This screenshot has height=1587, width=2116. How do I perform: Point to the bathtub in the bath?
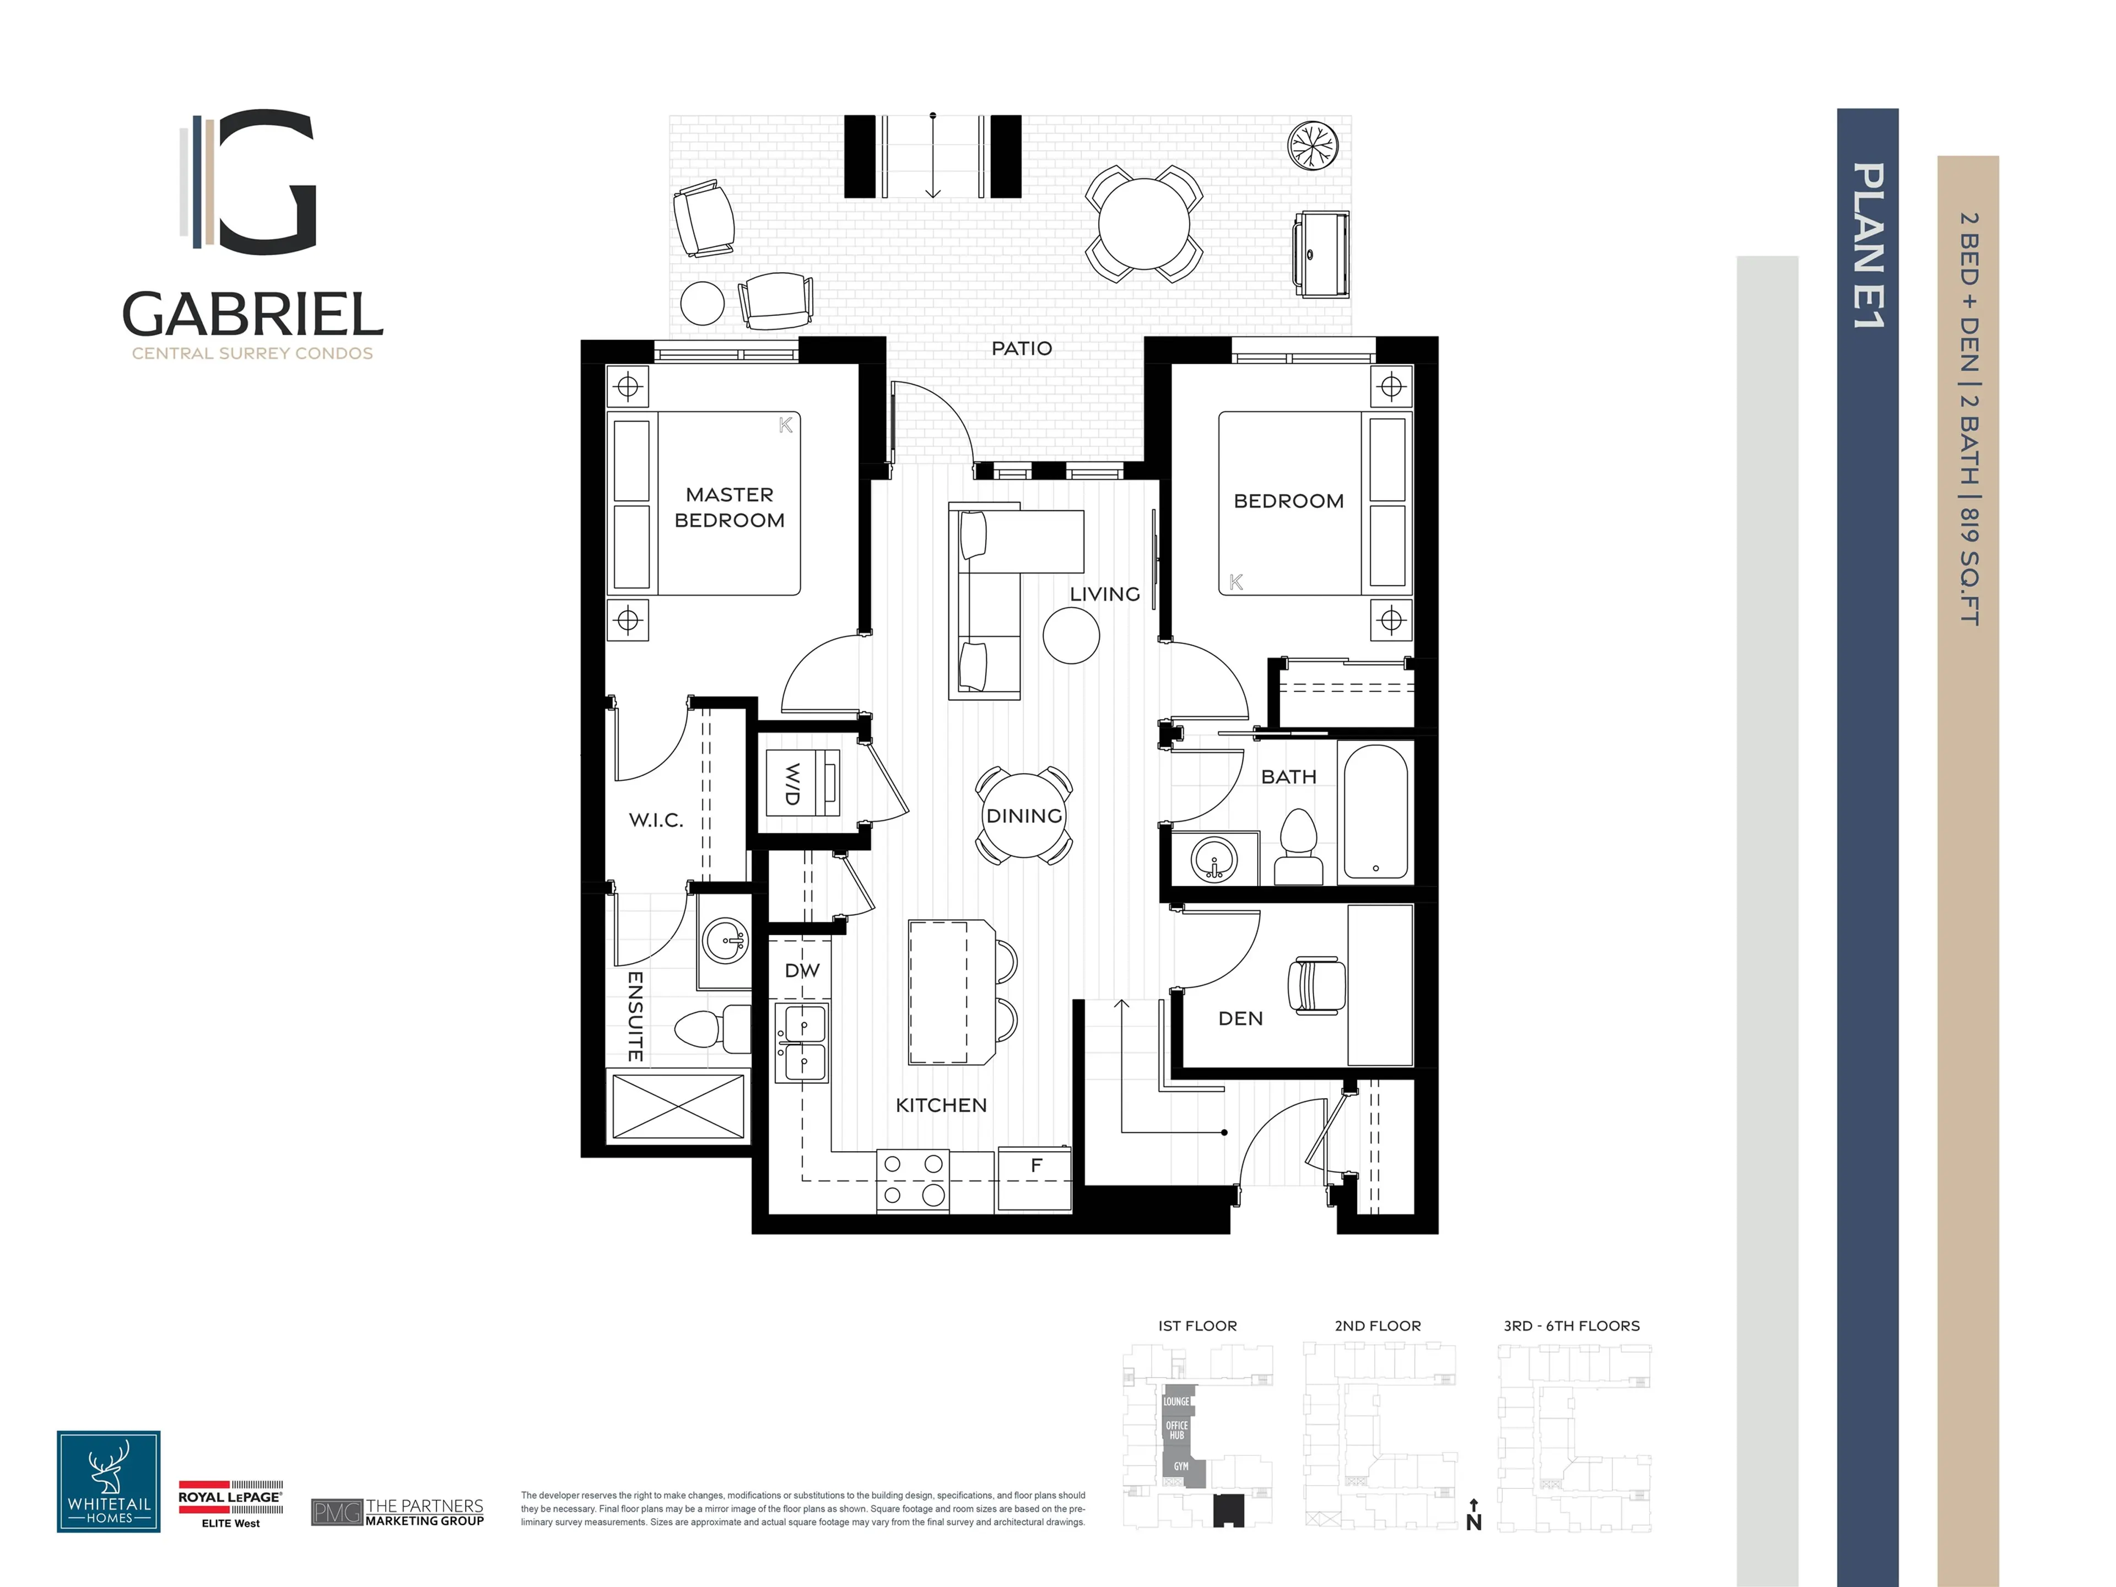tap(1375, 811)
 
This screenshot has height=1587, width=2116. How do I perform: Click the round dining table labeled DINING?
tap(1024, 816)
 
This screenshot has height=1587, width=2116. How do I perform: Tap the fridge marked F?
tap(1034, 1179)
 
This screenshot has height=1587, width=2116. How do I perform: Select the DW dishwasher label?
tap(802, 970)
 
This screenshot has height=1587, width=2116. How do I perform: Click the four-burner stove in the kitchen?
tap(913, 1179)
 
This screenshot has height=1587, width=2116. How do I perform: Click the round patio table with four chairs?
tap(1143, 224)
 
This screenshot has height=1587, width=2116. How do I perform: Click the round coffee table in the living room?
tap(1071, 635)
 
